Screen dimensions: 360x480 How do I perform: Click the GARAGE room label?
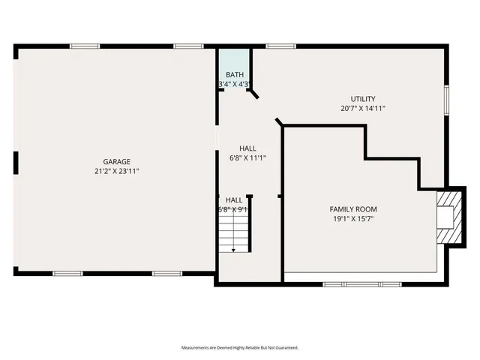coord(117,161)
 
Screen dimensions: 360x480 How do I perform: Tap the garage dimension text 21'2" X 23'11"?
coord(117,171)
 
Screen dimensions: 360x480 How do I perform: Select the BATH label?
coord(235,74)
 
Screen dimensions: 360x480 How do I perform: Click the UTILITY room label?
coord(363,99)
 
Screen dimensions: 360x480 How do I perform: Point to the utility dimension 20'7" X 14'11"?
coord(363,109)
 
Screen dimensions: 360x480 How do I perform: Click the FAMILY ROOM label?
coord(353,209)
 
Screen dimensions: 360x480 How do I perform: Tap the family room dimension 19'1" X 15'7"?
coord(353,219)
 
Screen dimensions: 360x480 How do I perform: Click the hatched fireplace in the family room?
coord(448,217)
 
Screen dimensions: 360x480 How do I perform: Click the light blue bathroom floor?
coord(235,60)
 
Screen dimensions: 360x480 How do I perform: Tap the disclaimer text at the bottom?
coord(240,348)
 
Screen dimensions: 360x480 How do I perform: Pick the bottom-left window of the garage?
coord(67,273)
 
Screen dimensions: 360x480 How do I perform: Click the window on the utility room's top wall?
coord(281,46)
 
